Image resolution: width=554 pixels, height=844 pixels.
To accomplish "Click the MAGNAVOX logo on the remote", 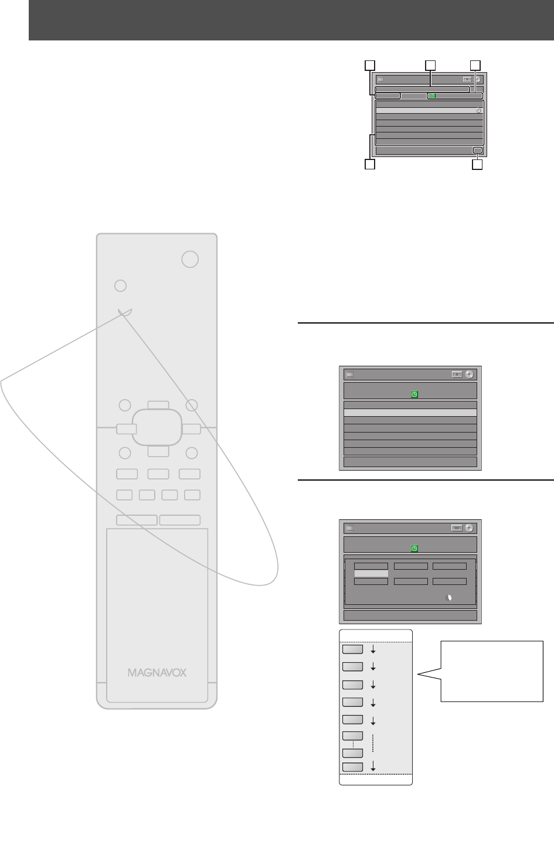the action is point(157,672).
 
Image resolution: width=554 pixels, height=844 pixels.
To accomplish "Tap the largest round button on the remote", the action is point(189,259).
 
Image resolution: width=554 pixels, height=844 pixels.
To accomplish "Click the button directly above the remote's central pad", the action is point(158,404).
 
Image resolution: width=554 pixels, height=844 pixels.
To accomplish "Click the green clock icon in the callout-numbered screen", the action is point(432,96).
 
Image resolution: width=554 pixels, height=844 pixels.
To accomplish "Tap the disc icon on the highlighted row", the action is point(478,110).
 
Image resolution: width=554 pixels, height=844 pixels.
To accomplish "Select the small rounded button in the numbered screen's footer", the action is point(478,151).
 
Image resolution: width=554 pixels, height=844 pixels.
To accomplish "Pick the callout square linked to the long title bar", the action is point(430,64).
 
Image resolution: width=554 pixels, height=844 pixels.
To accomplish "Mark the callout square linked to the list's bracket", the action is point(369,165).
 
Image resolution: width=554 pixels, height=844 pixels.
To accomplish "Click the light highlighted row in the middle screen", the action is point(410,413).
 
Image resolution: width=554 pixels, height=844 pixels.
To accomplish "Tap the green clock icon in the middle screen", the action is point(414,394).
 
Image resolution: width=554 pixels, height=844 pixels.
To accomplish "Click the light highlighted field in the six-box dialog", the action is point(371,574).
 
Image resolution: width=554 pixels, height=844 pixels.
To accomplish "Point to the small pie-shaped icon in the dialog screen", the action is point(448,598).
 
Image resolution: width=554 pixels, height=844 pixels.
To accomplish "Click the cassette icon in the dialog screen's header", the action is point(457,527).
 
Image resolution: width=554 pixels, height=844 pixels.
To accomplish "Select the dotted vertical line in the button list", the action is point(373,743).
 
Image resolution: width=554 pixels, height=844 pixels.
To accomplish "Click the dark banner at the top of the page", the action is point(291,21).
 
